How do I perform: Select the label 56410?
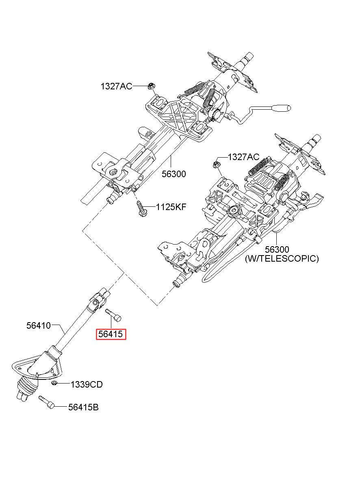tap(39, 325)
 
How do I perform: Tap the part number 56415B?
tap(83, 407)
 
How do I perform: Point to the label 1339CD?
tap(87, 385)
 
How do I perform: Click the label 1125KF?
tap(171, 207)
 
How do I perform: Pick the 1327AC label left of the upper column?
tap(117, 86)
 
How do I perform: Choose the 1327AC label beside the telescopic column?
tap(243, 157)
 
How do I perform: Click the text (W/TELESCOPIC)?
tap(282, 258)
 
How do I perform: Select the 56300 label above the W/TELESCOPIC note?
tap(277, 249)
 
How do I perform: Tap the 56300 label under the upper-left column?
tap(174, 174)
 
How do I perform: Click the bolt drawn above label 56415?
tap(113, 315)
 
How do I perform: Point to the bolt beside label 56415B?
tap(46, 402)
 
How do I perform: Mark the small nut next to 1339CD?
tap(54, 383)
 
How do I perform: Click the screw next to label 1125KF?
tap(142, 208)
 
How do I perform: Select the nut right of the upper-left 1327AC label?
tap(151, 86)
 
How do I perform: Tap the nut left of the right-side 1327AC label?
tap(217, 164)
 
